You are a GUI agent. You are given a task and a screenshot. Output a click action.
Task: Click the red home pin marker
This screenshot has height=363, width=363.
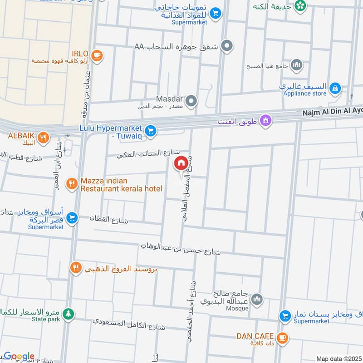pos(181,163)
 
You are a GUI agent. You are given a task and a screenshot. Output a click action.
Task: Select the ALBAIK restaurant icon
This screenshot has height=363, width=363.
pos(43,137)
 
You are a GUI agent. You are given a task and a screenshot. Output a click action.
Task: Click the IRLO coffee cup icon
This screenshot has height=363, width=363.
pos(96,56)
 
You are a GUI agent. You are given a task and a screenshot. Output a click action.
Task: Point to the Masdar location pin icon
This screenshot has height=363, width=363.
pos(191,101)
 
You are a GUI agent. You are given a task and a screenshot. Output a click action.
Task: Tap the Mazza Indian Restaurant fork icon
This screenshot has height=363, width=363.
pos(72,184)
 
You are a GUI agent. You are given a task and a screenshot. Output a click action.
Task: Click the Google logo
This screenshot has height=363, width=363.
pos(19,356)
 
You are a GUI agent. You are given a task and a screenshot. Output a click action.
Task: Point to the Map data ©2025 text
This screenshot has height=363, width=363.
pos(338,359)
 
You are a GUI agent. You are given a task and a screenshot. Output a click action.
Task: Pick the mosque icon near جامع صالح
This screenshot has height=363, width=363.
pos(257,299)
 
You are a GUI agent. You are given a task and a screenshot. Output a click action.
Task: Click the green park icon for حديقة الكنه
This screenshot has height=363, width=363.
pos(300,5)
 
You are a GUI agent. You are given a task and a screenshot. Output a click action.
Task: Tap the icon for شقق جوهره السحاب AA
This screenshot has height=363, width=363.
pos(228,46)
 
